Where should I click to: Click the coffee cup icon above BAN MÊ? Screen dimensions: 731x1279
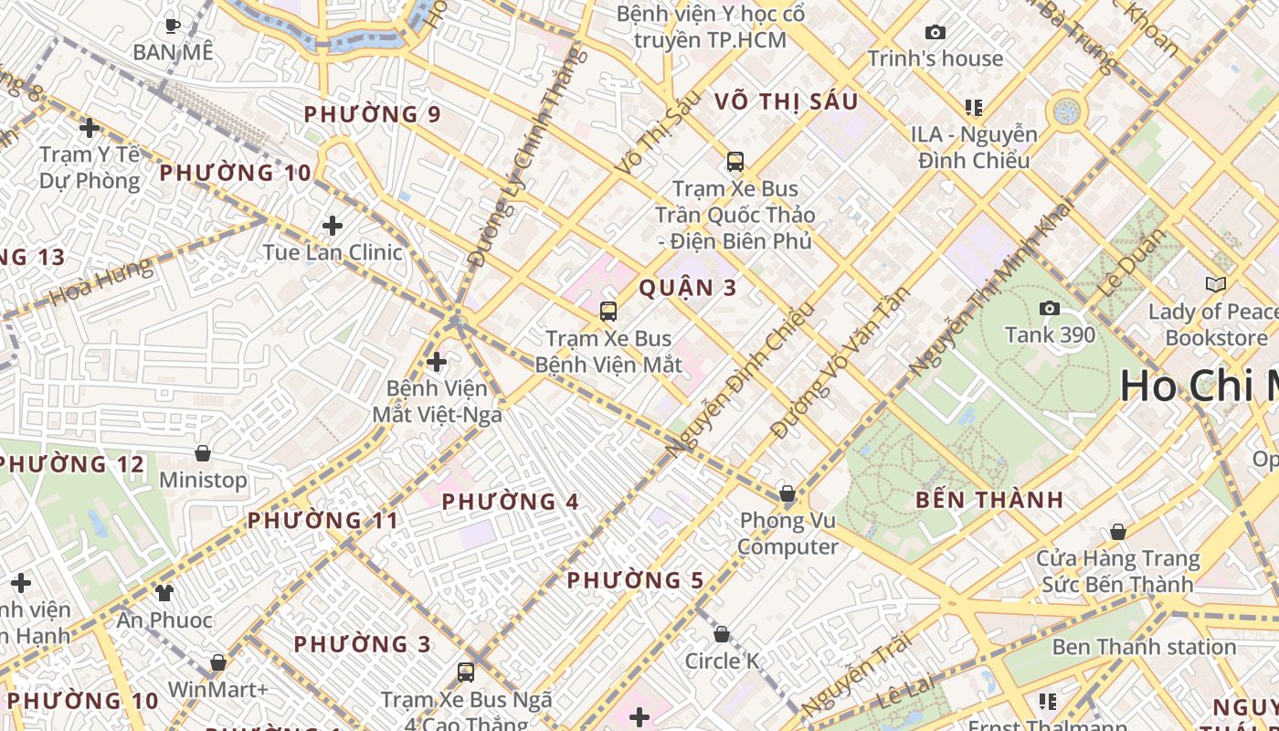click(x=172, y=26)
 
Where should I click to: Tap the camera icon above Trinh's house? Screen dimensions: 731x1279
click(x=935, y=33)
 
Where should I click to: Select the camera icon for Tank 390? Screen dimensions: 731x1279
click(x=1050, y=309)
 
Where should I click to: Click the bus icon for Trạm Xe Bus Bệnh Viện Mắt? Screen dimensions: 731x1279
click(x=608, y=312)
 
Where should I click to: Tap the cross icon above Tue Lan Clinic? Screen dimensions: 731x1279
click(x=333, y=226)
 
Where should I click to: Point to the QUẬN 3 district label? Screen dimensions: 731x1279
click(x=687, y=288)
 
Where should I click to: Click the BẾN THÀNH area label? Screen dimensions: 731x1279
click(x=989, y=500)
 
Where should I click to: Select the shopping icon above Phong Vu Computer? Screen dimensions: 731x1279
click(x=787, y=494)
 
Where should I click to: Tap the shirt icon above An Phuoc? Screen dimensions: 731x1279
click(x=164, y=593)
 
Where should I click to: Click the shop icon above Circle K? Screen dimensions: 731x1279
click(x=722, y=634)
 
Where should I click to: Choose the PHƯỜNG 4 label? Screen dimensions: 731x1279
click(x=511, y=502)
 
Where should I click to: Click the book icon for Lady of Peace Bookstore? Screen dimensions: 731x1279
click(x=1215, y=285)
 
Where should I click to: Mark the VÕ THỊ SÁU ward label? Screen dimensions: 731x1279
click(x=787, y=101)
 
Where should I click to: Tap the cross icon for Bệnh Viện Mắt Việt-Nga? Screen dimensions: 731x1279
click(x=437, y=362)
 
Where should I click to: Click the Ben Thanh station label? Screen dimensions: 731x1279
click(x=1144, y=647)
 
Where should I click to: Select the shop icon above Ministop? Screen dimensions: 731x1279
click(x=203, y=453)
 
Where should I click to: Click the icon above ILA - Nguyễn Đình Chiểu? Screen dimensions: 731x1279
click(x=974, y=108)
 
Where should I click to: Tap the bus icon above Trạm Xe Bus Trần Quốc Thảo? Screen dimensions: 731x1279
click(x=735, y=162)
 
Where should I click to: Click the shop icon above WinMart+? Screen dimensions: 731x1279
click(x=218, y=662)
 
